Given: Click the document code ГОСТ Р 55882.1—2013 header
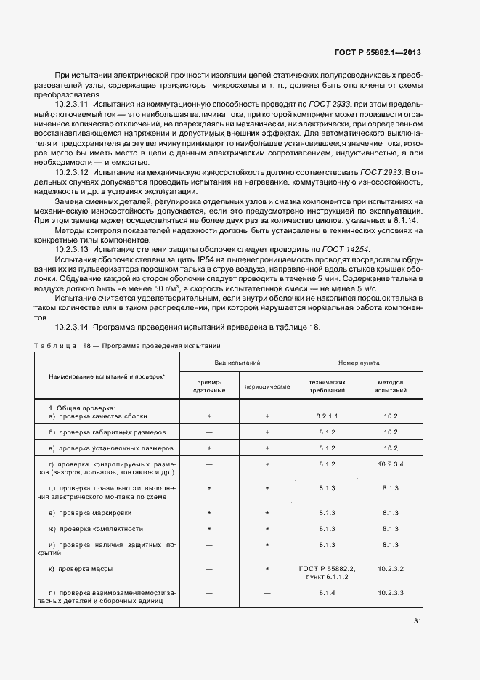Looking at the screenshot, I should click(x=377, y=52).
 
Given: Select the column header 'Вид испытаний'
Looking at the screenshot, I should click(x=237, y=361).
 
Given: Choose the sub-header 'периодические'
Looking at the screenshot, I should click(x=267, y=386).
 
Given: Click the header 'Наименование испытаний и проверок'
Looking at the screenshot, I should click(x=107, y=376).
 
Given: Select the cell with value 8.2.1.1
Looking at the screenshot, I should click(x=328, y=416).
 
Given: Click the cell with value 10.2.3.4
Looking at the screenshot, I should click(x=391, y=464).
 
